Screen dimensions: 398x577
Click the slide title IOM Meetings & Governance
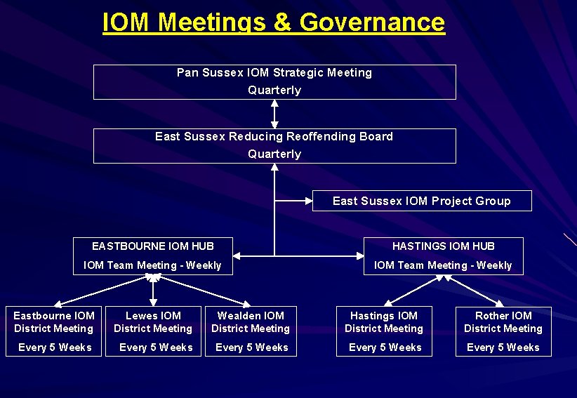pyautogui.click(x=273, y=22)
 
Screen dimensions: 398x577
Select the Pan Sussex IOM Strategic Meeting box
pyautogui.click(x=274, y=81)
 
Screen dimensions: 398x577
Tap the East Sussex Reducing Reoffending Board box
pyautogui.click(x=274, y=145)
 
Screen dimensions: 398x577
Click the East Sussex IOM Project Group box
pyautogui.click(x=421, y=201)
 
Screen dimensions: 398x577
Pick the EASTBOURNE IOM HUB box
pyautogui.click(x=152, y=256)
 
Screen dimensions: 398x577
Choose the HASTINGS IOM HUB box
pyautogui.click(x=443, y=256)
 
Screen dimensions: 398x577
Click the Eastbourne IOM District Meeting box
pyautogui.click(x=54, y=331)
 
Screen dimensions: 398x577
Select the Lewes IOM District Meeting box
pyautogui.click(x=153, y=331)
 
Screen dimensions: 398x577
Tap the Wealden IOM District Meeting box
pyautogui.click(x=251, y=331)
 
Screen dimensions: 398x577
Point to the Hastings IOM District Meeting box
pyautogui.click(x=384, y=331)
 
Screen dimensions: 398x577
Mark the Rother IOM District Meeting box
pyautogui.click(x=503, y=331)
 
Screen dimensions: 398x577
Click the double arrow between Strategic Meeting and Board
pyautogui.click(x=274, y=114)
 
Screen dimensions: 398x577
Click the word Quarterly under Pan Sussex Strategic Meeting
pyautogui.click(x=274, y=91)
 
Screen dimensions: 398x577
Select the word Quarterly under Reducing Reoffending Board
pyautogui.click(x=274, y=154)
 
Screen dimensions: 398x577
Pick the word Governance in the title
pyautogui.click(x=372, y=22)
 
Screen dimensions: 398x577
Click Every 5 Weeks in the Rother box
pyautogui.click(x=503, y=347)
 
